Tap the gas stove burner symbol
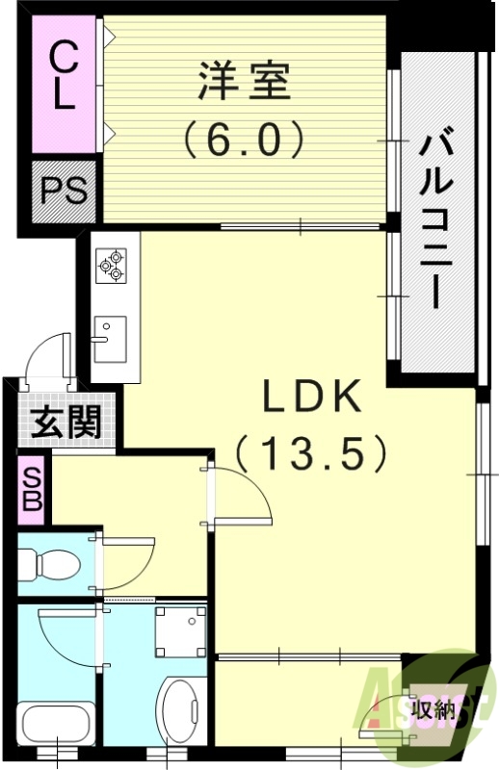click(110, 265)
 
